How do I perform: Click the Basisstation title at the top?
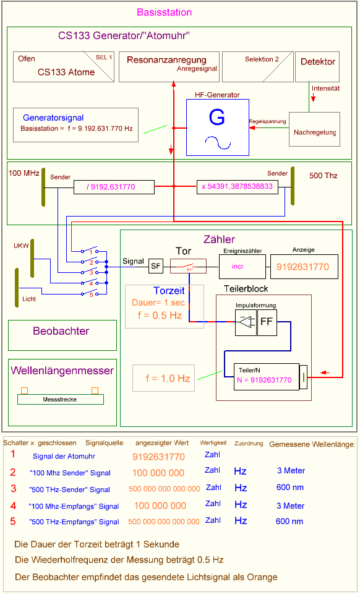(164, 12)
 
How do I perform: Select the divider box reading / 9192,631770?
(114, 186)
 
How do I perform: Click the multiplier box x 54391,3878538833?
(236, 186)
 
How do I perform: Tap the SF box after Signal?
(155, 266)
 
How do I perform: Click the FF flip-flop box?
(267, 322)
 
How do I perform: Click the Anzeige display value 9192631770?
(303, 267)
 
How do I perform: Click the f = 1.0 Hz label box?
(163, 378)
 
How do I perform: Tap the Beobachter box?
(62, 335)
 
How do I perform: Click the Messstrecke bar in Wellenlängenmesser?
(60, 399)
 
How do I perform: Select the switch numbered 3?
(92, 272)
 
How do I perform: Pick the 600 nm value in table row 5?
(289, 522)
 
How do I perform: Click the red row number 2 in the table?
(12, 472)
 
